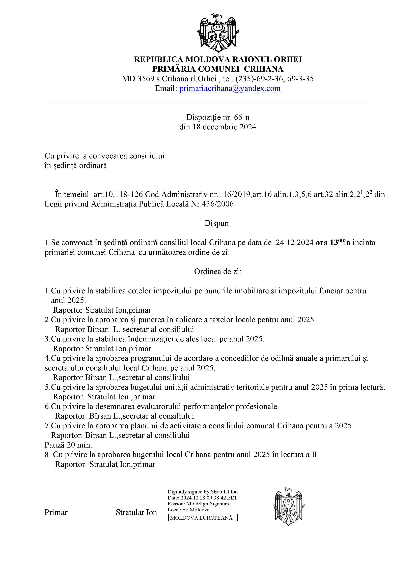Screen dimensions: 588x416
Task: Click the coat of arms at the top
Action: [x=218, y=33]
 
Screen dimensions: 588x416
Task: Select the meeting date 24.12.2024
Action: [x=294, y=243]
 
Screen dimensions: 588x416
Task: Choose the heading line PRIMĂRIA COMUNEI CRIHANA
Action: [x=218, y=69]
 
